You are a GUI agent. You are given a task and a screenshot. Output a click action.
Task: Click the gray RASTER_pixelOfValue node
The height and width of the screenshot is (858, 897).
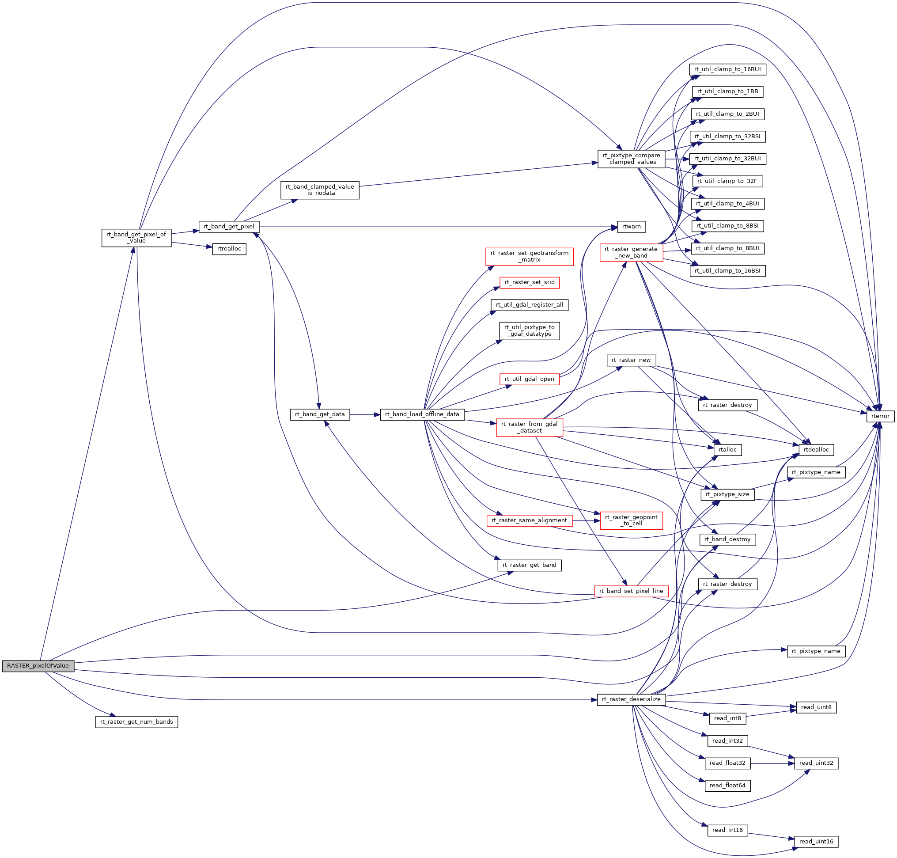(38, 665)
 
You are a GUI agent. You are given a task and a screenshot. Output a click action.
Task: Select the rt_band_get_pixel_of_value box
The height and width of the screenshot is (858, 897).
(136, 237)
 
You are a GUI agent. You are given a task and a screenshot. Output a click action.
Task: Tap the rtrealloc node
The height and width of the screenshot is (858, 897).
(229, 249)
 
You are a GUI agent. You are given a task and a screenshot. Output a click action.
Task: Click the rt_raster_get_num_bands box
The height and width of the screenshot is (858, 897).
(136, 722)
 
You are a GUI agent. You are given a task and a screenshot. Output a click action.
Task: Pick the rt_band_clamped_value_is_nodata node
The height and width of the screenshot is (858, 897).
(320, 190)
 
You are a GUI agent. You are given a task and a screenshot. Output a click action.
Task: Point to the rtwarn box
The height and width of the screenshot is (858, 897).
(632, 226)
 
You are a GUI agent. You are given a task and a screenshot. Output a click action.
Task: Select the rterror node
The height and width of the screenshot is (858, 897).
(880, 416)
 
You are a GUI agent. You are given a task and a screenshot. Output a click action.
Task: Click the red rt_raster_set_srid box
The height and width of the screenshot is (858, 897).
(530, 282)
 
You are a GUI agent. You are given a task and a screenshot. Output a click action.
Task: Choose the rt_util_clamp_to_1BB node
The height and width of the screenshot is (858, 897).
(727, 91)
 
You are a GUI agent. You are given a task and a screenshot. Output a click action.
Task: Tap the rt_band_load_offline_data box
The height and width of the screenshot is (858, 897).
(422, 414)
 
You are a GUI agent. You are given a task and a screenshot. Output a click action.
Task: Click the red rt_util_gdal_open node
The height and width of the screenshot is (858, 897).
(530, 379)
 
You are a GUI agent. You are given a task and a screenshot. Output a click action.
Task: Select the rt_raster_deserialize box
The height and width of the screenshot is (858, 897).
(631, 699)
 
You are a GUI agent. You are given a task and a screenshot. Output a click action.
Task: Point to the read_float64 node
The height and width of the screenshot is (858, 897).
(727, 785)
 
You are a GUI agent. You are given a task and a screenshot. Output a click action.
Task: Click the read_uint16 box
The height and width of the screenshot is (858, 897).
(816, 842)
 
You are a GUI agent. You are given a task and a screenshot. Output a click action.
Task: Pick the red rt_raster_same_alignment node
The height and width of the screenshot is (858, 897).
(529, 520)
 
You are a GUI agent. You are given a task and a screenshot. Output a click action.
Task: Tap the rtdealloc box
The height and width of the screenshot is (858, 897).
(816, 450)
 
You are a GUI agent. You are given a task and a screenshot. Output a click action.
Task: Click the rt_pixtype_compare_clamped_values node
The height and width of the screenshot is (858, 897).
(631, 159)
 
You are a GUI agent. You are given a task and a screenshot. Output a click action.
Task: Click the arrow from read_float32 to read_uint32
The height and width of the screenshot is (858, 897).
(772, 763)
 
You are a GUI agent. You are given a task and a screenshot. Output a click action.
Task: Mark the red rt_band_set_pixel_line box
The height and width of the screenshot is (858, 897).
(631, 591)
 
